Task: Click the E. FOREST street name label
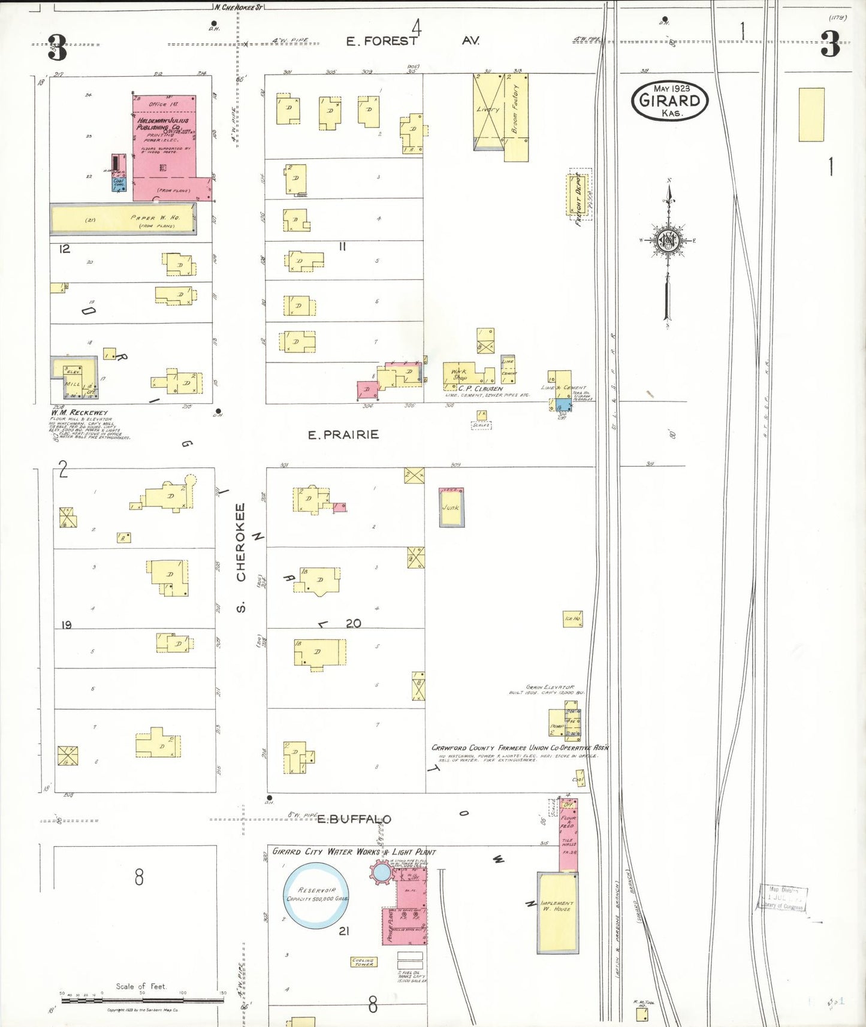click(381, 41)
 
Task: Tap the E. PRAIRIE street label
click(343, 434)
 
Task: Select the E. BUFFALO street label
click(354, 819)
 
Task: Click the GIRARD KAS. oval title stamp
click(669, 100)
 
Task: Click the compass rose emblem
click(668, 241)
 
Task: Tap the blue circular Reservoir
click(316, 895)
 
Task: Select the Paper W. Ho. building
click(123, 219)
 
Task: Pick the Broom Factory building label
click(515, 109)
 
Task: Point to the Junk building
click(451, 508)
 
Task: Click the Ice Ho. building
click(572, 618)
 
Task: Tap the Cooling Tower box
click(364, 962)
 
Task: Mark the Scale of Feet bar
click(142, 999)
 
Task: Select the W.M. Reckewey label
click(80, 412)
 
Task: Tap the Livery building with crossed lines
click(488, 110)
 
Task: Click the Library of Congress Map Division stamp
click(784, 898)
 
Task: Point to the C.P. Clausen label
click(480, 388)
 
